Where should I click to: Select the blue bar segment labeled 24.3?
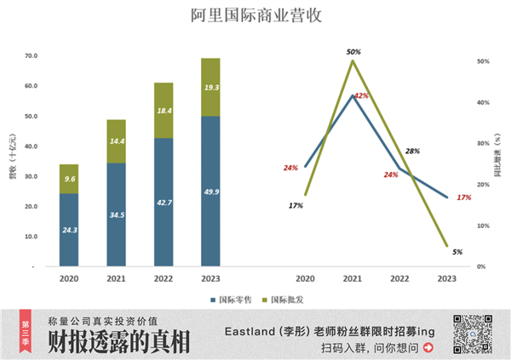[x=69, y=230]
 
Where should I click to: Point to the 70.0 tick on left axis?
[x=31, y=56]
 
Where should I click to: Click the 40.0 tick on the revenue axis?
[x=31, y=146]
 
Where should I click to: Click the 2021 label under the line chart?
[x=353, y=278]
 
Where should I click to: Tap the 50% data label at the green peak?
[x=353, y=52]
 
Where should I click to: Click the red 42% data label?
[x=361, y=95]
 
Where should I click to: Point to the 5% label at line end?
[x=457, y=251]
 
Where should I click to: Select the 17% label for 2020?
[x=296, y=205]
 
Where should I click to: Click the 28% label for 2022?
[x=412, y=151]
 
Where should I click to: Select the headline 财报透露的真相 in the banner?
[x=118, y=342]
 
